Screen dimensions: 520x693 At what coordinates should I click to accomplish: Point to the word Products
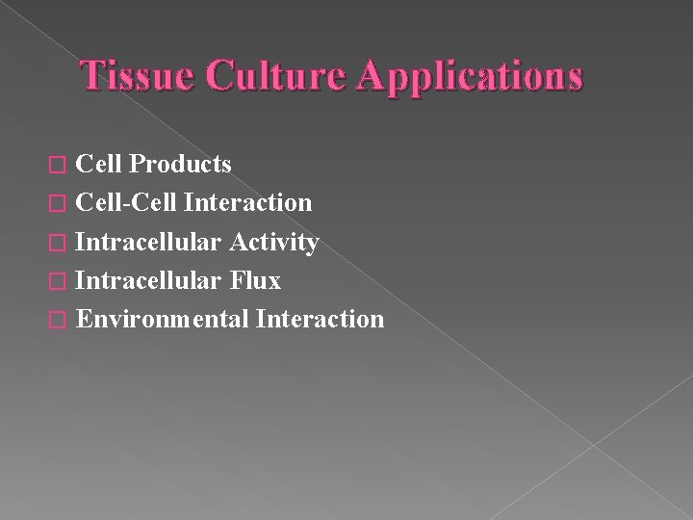click(180, 165)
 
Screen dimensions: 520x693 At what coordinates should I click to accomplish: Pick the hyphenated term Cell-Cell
click(126, 203)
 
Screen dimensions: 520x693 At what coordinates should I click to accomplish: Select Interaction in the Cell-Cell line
click(247, 203)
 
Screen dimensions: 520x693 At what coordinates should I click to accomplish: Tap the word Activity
click(274, 243)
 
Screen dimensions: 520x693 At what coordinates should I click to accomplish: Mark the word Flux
click(255, 280)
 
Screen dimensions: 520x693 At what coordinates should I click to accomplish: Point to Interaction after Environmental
click(321, 319)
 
